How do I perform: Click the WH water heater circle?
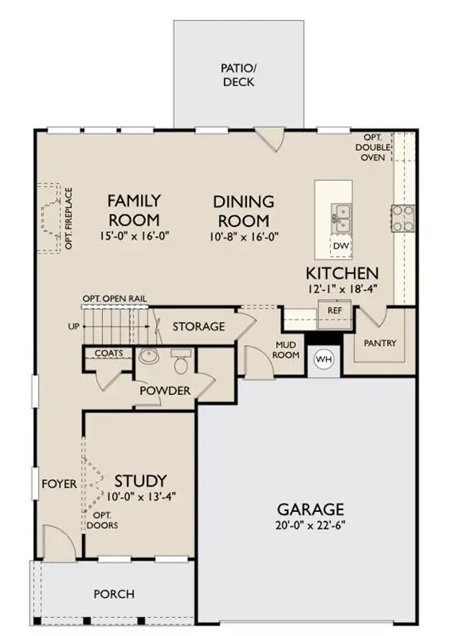point(322,359)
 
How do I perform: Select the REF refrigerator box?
point(334,311)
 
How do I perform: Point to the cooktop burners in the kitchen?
point(403,218)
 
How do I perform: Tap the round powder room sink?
point(149,357)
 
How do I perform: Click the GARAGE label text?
point(311,508)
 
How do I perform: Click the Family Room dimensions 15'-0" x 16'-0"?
point(133,235)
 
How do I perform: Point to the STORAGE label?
point(198,326)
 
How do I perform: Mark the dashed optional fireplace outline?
point(52,218)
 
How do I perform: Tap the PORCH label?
point(114,594)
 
